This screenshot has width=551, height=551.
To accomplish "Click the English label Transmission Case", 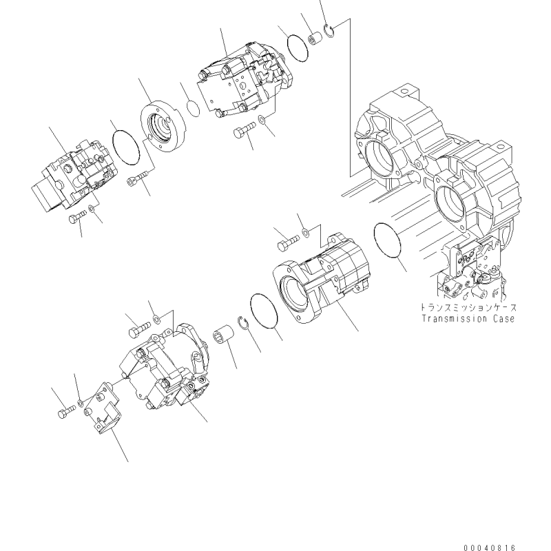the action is click(468, 319).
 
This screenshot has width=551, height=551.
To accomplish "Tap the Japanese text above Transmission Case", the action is click(469, 307).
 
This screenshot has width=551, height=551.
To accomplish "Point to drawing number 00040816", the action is click(489, 548).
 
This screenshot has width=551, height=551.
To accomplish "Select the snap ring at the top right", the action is click(330, 31).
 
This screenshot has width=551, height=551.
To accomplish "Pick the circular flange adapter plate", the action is click(162, 126).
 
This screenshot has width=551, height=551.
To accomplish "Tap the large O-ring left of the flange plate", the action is click(125, 147).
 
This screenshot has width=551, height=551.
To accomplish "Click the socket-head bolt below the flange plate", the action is click(138, 178).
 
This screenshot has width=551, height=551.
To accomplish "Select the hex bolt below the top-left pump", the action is click(77, 216).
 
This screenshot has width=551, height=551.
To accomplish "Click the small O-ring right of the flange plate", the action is click(193, 109).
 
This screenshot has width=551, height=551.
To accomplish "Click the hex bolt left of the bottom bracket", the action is click(66, 411).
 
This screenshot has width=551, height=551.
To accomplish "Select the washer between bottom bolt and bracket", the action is click(81, 402).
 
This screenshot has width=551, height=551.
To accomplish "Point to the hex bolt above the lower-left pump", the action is click(140, 329).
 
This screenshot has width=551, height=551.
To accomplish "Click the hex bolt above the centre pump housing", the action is click(289, 242).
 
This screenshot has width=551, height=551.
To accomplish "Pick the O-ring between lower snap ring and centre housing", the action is click(264, 311).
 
